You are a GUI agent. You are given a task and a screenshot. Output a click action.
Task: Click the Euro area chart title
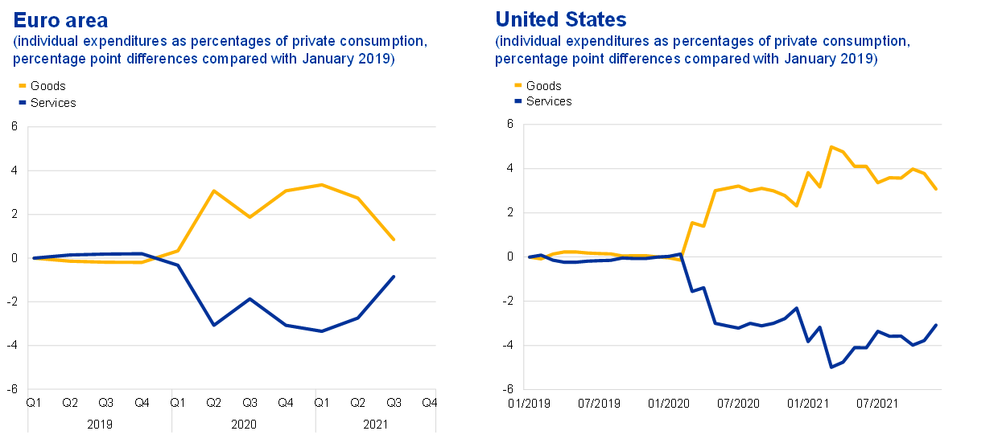60,19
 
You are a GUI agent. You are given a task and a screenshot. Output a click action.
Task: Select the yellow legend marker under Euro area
23,85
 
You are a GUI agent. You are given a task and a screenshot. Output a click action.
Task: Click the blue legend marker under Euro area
23,101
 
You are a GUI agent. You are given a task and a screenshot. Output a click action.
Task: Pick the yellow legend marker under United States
518,84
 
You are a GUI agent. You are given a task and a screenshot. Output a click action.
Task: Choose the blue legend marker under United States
518,101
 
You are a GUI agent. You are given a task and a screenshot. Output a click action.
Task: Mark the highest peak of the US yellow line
831,146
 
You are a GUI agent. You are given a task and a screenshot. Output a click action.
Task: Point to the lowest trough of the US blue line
831,367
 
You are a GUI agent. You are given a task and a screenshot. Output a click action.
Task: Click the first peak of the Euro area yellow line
213,191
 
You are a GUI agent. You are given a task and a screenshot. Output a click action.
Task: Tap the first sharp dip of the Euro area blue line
213,325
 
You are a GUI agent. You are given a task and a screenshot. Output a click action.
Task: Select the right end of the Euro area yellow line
394,240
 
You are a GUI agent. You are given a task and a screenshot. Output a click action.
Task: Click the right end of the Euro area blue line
394,277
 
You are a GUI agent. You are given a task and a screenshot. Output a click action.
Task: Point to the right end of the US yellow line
936,189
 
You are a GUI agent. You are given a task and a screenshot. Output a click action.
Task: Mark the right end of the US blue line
936,325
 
